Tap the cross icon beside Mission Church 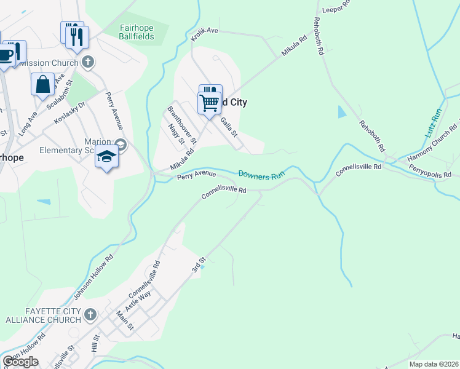pos(88,62)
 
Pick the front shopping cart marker pos(209,102)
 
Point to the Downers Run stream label pos(261,175)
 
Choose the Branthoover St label pos(181,124)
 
